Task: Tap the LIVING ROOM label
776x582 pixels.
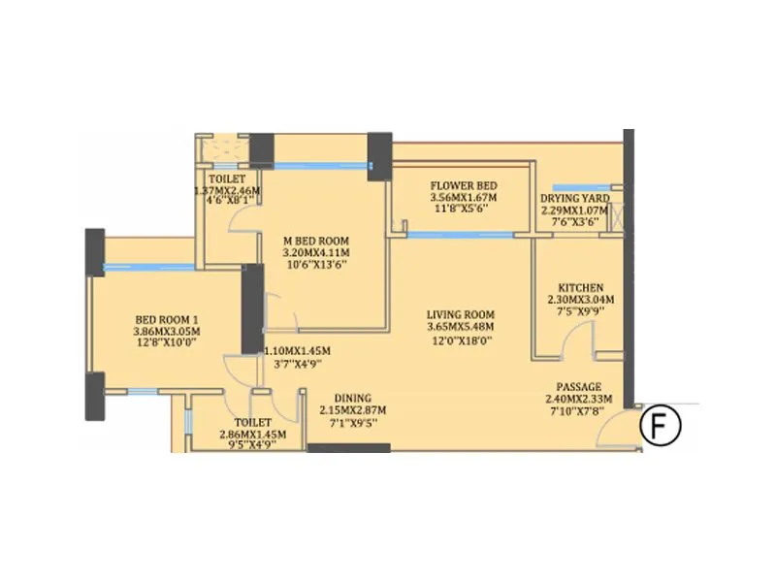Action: pos(462,315)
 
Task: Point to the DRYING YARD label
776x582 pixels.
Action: pos(574,199)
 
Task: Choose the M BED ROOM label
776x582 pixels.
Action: pos(315,242)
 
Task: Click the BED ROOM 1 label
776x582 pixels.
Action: pos(166,318)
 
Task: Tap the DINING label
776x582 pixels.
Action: pos(352,399)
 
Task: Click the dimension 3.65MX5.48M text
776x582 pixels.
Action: pos(462,328)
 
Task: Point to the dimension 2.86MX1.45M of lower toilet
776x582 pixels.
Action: pos(252,435)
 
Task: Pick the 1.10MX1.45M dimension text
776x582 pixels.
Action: pos(298,351)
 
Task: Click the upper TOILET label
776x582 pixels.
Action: pos(228,179)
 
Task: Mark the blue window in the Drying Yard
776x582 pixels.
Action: pos(579,187)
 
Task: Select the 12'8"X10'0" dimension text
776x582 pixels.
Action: pos(166,343)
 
